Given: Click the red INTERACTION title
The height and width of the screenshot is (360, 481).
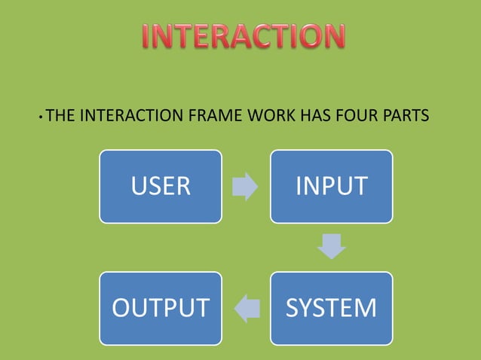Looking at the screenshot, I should coord(244,37).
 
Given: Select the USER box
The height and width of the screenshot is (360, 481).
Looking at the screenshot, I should coord(161,186).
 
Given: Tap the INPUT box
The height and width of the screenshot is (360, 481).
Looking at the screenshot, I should coord(332,186).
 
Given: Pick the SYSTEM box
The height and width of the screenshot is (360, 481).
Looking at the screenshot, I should coord(332,308).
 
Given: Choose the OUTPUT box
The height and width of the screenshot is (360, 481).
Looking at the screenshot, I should coord(161,308).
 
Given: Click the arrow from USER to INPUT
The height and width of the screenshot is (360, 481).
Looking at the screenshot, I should coord(245,186).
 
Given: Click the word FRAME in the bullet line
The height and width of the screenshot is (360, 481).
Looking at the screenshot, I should coord(215,117).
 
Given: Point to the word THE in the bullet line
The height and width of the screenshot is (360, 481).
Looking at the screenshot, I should coord(61,117).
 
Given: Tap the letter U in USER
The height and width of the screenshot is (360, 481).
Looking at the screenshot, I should coord(138,186).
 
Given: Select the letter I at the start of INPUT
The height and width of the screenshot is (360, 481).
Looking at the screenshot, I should coord(299,186).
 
